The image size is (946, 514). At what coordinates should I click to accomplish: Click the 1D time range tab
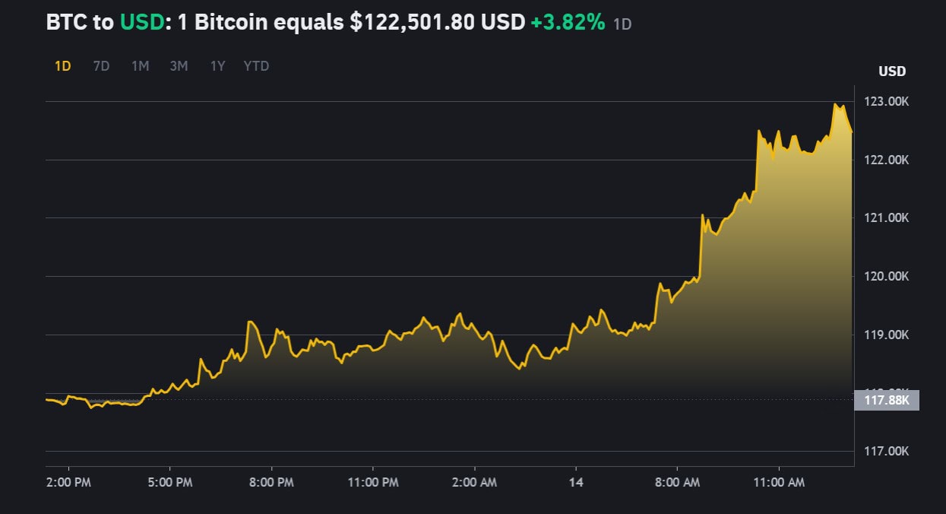tap(62, 66)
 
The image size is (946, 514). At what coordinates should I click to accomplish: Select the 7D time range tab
tap(101, 66)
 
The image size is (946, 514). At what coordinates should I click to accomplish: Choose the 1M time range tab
tap(140, 66)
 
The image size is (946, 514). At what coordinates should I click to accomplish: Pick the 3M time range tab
tap(179, 66)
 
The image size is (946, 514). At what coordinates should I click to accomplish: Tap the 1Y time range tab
tap(217, 66)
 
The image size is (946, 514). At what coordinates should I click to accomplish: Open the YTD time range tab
tap(256, 66)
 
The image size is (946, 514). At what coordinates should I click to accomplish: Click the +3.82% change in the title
tap(568, 23)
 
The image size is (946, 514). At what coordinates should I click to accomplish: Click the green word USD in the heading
tap(142, 23)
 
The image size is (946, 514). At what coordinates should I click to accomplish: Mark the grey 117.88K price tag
tap(886, 400)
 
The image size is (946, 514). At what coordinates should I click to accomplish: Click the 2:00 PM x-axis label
tap(69, 482)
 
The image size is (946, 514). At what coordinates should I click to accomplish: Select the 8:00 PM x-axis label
tap(271, 482)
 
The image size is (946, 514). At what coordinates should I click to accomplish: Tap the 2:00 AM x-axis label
tap(474, 482)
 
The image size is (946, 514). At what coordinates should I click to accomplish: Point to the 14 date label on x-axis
tap(576, 482)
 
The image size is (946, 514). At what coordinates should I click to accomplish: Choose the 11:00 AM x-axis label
tap(778, 482)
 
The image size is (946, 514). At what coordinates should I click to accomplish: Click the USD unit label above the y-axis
tap(892, 71)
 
